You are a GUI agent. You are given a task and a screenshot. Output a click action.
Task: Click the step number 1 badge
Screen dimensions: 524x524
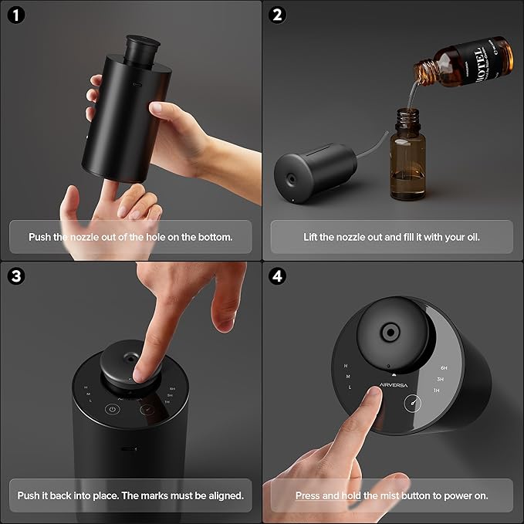[x=17, y=15]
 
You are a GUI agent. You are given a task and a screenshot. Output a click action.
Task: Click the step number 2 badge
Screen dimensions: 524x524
[x=279, y=15]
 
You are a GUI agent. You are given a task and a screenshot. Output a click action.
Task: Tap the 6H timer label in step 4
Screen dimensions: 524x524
[x=444, y=368]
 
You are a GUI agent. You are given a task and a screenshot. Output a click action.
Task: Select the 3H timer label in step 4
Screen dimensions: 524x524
[x=441, y=380]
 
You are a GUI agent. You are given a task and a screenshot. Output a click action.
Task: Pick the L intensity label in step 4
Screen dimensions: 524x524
[x=350, y=387]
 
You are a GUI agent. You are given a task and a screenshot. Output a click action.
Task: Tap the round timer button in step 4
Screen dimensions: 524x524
[x=413, y=403]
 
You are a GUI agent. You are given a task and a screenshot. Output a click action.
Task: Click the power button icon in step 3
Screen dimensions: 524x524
[x=113, y=411]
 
